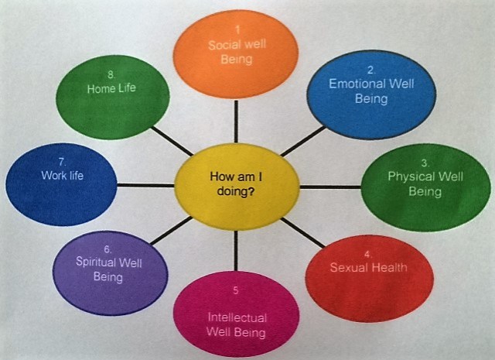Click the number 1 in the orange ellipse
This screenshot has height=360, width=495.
point(237,30)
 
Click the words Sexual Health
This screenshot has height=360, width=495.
point(368,268)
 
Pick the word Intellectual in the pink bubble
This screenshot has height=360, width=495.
point(237,317)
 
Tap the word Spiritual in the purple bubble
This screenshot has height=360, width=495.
point(96,262)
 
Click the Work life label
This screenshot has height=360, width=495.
point(63,176)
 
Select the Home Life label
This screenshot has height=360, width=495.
point(111,88)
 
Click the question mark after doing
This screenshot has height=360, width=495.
point(251,191)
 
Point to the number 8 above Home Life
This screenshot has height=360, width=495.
point(111,74)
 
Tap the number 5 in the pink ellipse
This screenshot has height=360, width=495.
point(236,290)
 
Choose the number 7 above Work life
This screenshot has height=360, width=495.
point(62,162)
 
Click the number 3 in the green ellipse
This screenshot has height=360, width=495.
point(425,163)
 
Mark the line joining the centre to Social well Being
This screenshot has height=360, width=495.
point(236,121)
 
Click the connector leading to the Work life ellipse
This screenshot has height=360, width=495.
point(145,185)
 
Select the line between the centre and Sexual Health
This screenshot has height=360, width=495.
point(302,232)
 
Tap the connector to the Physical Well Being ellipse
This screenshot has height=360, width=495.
point(330,187)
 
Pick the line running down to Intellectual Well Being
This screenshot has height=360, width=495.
point(236,251)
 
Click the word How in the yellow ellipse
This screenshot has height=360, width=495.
point(219,177)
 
